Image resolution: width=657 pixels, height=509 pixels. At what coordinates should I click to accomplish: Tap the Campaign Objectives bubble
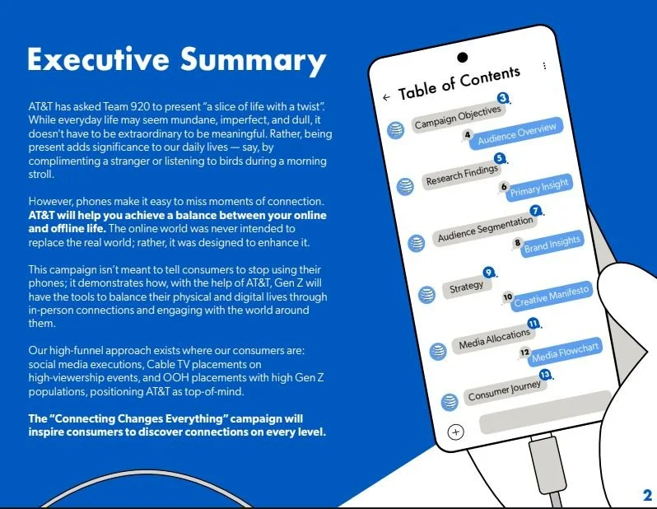click(x=457, y=117)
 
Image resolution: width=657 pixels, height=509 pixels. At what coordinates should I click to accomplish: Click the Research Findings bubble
click(x=462, y=175)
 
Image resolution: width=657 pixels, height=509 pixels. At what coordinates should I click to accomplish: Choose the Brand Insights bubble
click(x=552, y=242)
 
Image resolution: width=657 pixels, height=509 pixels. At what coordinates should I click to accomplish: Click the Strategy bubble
click(x=467, y=287)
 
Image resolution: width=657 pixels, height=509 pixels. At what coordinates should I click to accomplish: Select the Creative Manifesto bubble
click(x=551, y=297)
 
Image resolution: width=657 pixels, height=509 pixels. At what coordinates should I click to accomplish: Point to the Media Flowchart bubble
click(x=565, y=353)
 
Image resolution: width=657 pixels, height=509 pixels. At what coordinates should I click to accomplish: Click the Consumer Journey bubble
click(x=505, y=390)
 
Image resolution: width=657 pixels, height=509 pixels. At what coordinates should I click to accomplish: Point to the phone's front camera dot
click(x=462, y=58)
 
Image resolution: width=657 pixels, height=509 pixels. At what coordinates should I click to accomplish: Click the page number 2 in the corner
click(x=647, y=495)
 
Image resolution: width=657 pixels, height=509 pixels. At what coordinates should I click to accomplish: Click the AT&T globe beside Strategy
click(x=426, y=294)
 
